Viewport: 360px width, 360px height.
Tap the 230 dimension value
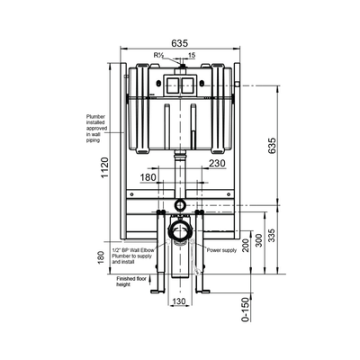click(x=215, y=165)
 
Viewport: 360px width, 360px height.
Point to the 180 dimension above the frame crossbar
click(x=149, y=179)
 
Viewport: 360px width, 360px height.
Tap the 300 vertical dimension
click(x=259, y=239)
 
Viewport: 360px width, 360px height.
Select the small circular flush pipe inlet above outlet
click(x=181, y=206)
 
